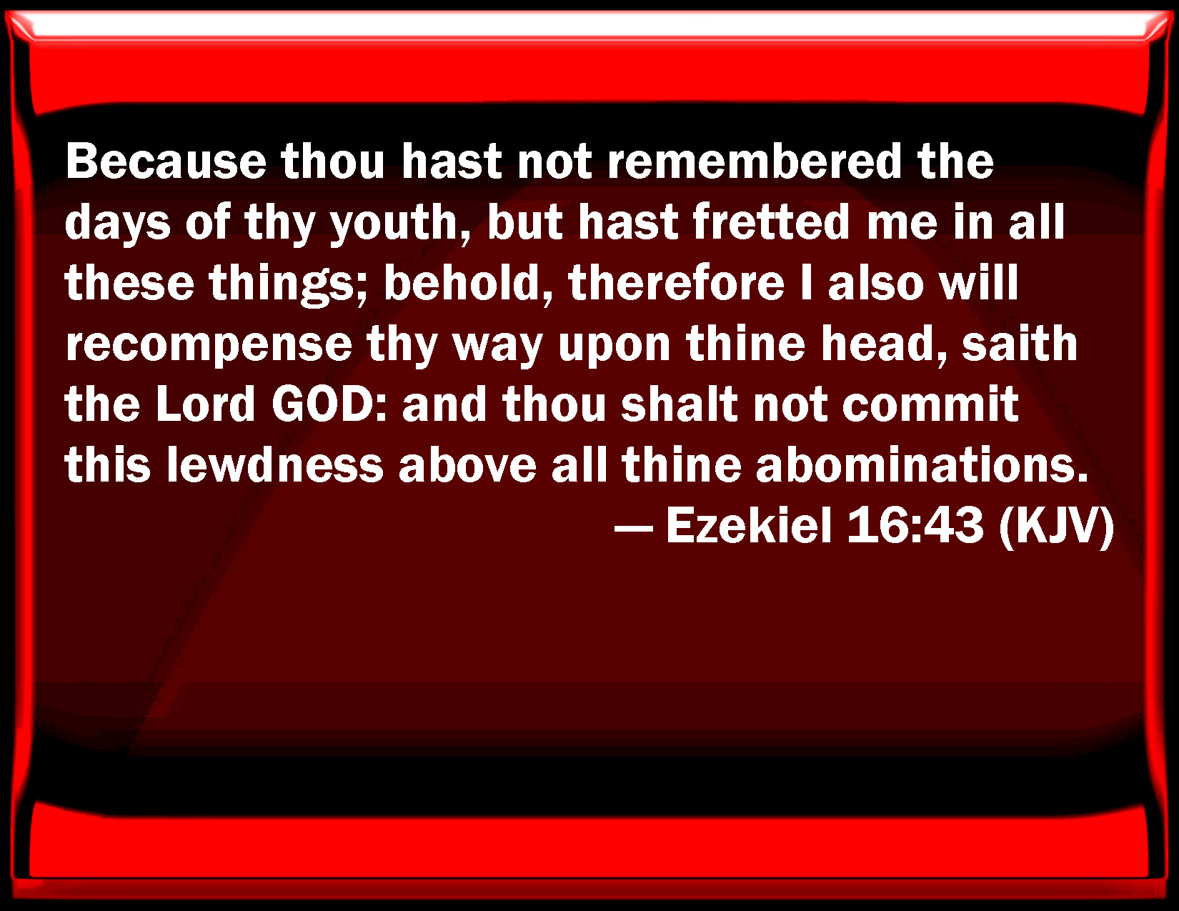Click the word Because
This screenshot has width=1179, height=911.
pyautogui.click(x=166, y=161)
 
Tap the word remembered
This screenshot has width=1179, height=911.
pyautogui.click(x=754, y=161)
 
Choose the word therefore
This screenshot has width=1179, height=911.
pyautogui.click(x=676, y=282)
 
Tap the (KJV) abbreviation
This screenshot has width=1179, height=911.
pyautogui.click(x=1056, y=527)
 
